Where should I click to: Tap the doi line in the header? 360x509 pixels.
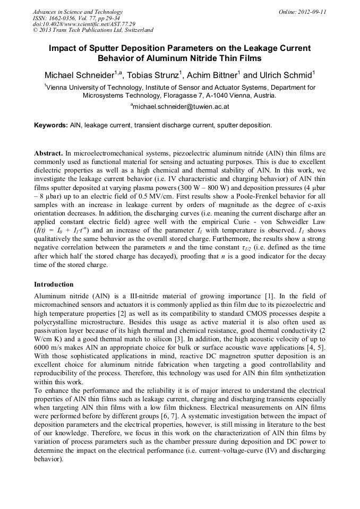84,24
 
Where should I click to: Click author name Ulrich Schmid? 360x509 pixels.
286,74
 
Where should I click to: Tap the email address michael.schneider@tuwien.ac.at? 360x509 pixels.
181,107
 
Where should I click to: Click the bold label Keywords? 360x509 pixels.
50,125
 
